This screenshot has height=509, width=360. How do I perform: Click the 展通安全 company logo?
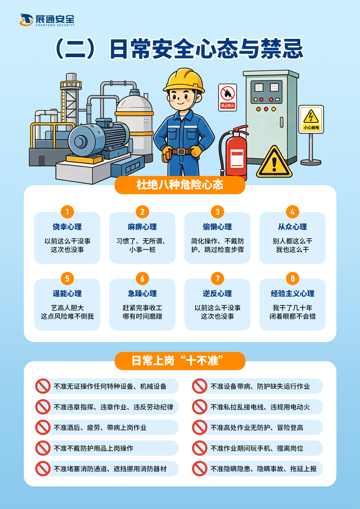pos(47,20)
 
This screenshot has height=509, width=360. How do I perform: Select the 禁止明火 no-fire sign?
pos(227,97)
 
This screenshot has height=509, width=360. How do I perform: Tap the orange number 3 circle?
pos(217,212)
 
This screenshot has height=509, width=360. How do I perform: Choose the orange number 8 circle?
pos(292,278)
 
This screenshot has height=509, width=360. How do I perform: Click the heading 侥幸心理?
pos(67,227)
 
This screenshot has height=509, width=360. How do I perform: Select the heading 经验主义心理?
pos(292,293)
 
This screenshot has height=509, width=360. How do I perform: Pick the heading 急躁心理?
pos(142,293)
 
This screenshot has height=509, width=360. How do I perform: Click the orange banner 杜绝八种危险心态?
pos(180,185)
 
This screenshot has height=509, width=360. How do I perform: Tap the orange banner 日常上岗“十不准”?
pos(180,361)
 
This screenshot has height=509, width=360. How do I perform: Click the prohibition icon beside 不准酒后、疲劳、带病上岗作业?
pos(43,427)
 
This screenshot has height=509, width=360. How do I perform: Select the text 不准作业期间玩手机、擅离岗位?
pos(257,448)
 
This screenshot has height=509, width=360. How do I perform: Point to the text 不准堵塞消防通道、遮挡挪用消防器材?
pos(110,469)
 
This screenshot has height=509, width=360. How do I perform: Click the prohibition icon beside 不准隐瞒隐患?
pos(199,469)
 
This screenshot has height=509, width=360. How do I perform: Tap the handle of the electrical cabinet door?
pos(281,122)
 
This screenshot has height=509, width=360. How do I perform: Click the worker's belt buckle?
pos(181,151)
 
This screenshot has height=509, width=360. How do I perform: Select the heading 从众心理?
pos(292,227)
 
